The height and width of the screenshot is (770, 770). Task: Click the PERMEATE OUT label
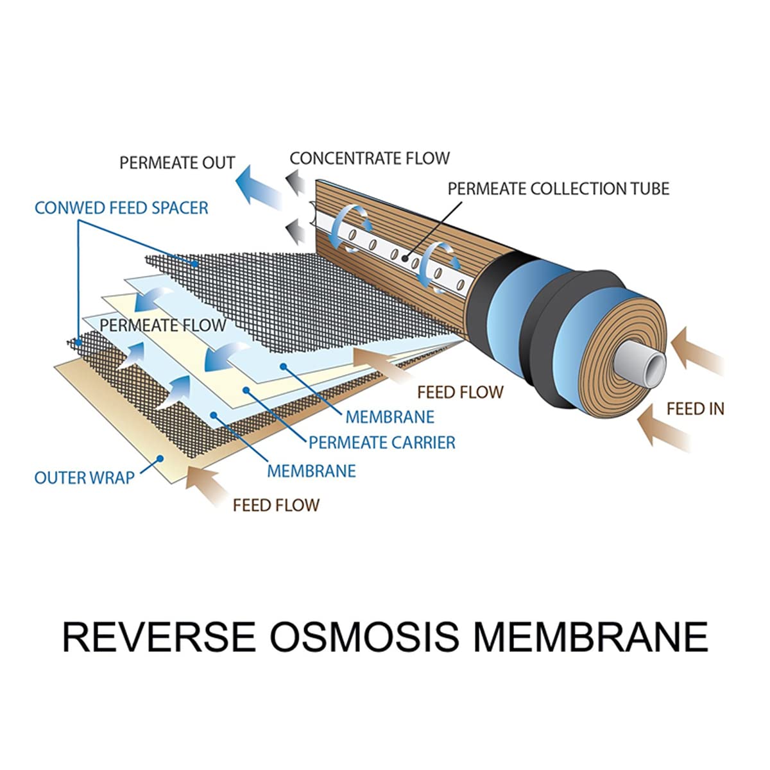coord(177,162)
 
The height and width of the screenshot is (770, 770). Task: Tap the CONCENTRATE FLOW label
coord(370,158)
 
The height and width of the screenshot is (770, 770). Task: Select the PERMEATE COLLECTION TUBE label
coord(558,189)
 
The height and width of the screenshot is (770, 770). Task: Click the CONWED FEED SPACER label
coord(121,208)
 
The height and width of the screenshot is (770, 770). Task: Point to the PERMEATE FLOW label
coord(162,325)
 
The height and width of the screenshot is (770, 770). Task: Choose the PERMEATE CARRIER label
coord(382,442)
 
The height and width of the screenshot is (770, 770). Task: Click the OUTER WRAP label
coord(84,477)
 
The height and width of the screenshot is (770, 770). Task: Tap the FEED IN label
coord(696,409)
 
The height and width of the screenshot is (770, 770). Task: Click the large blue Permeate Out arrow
coord(259,187)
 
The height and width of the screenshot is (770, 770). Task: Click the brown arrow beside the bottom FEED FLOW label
coord(206,486)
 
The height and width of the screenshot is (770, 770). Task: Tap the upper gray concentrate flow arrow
coord(295,182)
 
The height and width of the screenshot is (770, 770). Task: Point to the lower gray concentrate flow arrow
coord(295,232)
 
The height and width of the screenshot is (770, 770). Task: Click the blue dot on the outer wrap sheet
coord(160,459)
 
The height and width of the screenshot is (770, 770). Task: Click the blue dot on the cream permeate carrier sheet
coord(246,390)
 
